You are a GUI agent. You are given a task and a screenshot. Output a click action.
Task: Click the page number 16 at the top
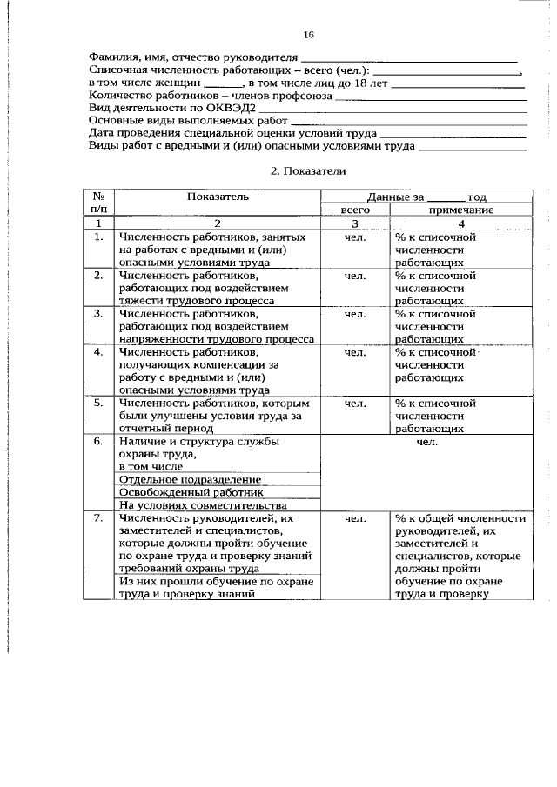[308, 35]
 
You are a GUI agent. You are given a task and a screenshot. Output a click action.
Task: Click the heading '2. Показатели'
[308, 171]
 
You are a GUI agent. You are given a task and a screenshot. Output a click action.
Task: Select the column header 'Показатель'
[218, 197]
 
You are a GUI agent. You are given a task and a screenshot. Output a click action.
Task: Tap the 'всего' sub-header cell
[355, 210]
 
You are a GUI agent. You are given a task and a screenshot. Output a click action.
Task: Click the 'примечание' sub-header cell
[460, 210]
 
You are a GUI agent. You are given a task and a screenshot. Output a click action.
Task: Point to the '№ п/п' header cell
[99, 203]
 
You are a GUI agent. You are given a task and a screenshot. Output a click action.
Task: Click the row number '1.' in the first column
[99, 237]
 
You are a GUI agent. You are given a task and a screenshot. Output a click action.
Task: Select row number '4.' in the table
[99, 352]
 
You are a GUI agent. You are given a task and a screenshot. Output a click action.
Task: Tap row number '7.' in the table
[99, 518]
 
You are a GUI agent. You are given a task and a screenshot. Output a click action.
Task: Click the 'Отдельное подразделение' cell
[190, 479]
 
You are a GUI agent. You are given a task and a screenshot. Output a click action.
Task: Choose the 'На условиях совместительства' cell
[202, 505]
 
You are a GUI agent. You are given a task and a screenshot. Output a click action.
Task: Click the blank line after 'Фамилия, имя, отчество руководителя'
[407, 58]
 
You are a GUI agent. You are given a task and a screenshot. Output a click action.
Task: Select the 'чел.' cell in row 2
[354, 276]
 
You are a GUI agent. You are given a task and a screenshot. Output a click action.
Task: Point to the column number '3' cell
[355, 223]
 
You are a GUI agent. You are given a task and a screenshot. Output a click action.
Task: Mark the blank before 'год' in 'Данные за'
[446, 197]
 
